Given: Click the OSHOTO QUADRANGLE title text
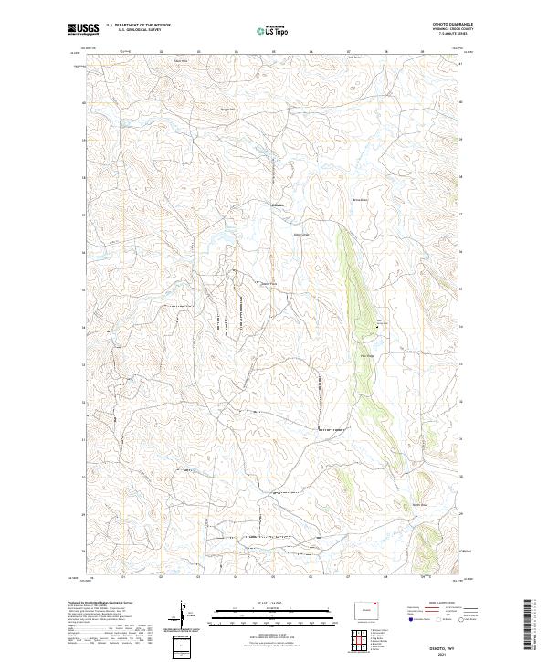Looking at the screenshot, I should [x=446, y=26].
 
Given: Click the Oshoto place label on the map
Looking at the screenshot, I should [x=278, y=205].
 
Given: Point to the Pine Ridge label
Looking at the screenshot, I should [x=368, y=356].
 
